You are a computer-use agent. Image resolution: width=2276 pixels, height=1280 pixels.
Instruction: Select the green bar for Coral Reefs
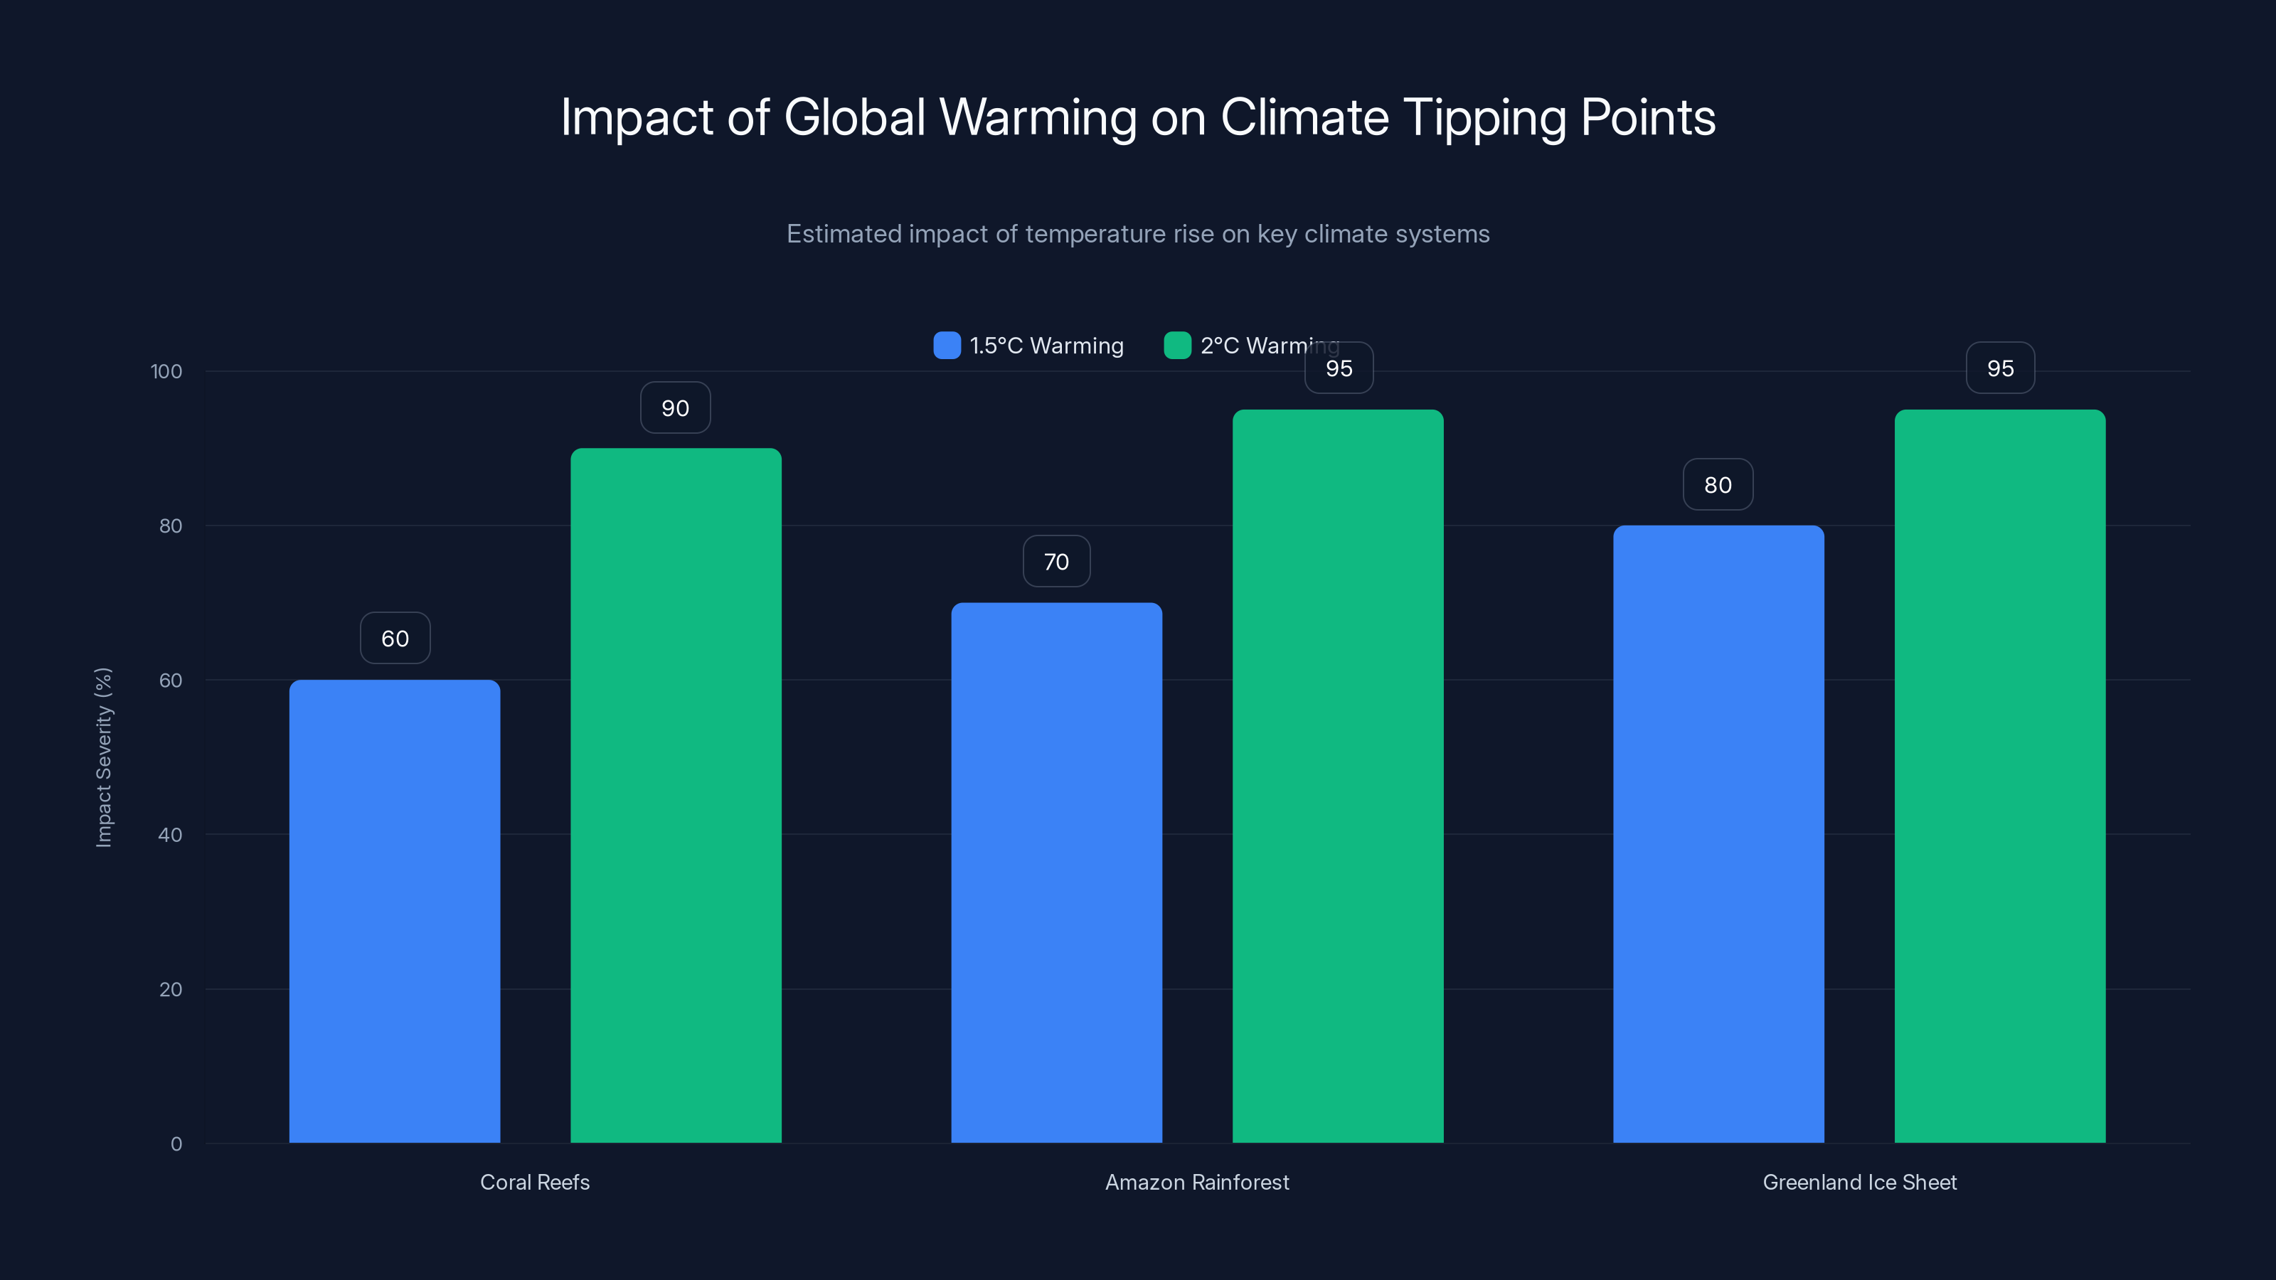676,795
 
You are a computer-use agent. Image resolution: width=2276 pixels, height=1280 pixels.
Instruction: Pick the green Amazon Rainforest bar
1338,776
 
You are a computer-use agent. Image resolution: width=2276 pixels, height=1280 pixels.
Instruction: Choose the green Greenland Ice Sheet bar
1999,776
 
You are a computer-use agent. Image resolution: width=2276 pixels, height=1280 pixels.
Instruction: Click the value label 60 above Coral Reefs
395,638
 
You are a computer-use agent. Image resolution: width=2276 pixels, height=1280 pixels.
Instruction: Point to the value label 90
675,407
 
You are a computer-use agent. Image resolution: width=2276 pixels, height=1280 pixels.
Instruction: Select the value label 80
1718,484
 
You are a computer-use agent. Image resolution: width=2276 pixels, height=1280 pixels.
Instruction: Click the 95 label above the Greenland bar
1999,368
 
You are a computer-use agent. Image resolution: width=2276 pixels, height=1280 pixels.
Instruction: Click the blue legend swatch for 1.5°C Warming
946,346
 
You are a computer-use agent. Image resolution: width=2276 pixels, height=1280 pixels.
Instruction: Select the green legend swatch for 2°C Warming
1177,346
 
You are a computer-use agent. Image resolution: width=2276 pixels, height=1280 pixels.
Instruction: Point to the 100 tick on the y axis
166,371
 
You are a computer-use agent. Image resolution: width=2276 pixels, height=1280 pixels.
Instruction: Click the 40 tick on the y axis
170,835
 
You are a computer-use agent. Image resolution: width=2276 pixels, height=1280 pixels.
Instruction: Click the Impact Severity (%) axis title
103,757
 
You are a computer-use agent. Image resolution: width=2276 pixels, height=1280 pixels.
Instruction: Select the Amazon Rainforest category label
1196,1182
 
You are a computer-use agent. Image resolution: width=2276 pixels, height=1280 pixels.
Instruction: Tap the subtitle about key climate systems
1137,234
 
